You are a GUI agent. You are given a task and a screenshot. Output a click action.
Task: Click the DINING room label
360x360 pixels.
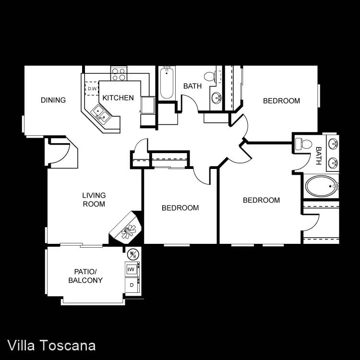click(x=53, y=100)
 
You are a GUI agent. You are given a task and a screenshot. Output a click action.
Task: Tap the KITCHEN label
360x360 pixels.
click(x=118, y=98)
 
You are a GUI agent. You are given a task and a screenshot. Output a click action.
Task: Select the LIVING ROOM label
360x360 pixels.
click(x=94, y=200)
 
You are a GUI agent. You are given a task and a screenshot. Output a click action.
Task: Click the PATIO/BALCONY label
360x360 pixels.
click(x=85, y=276)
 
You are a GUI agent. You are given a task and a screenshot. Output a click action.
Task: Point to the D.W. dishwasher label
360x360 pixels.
click(x=92, y=88)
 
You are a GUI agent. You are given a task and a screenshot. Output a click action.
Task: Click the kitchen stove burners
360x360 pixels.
click(x=119, y=73)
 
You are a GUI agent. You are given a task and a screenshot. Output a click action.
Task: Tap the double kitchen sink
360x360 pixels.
click(x=101, y=114)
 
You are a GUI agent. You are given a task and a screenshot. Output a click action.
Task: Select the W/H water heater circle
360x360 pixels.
click(x=133, y=254)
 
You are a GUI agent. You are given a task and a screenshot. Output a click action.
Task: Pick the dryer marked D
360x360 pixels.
click(x=132, y=285)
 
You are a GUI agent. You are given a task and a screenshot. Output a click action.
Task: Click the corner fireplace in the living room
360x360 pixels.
click(x=126, y=228)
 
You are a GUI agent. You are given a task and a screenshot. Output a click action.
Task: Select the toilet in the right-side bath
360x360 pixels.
click(x=304, y=144)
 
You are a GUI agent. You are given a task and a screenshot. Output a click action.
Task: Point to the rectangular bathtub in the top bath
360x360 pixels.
click(x=167, y=83)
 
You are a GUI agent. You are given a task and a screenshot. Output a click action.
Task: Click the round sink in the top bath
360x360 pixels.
click(x=216, y=98)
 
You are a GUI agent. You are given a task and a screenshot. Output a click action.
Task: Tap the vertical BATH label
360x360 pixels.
click(x=318, y=156)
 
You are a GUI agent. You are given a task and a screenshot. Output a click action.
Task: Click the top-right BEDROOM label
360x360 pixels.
click(x=281, y=101)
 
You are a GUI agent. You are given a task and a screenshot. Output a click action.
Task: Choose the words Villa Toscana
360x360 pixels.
click(x=51, y=346)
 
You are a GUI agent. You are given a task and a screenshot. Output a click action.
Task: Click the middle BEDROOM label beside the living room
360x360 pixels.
click(x=180, y=208)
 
